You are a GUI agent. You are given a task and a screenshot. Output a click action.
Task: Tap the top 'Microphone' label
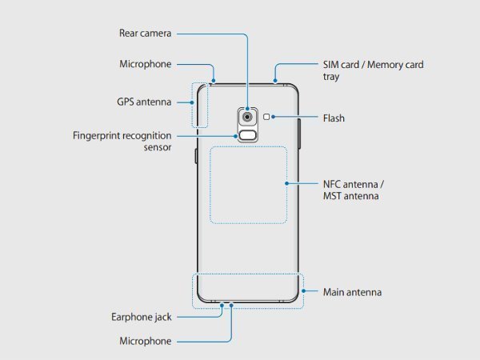(x=145, y=64)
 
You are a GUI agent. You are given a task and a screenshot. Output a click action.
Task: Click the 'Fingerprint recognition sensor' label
(x=122, y=142)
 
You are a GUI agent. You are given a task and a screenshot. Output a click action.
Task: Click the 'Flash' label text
(x=333, y=118)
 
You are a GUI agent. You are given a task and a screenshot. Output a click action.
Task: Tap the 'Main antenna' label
(x=351, y=292)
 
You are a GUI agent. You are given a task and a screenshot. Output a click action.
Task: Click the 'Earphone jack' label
(x=142, y=317)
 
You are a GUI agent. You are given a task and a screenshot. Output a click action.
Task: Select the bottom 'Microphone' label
(x=145, y=341)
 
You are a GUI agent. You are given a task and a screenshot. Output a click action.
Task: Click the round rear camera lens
(x=247, y=117)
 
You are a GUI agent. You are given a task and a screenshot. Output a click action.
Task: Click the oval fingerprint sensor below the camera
(x=247, y=135)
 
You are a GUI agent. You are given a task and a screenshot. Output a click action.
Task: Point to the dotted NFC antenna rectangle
(x=247, y=184)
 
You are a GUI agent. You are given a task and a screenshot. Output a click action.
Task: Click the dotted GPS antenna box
(x=198, y=104)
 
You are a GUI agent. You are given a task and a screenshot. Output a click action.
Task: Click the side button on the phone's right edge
(x=300, y=135)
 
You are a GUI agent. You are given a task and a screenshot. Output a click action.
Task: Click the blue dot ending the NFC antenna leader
(x=286, y=183)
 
